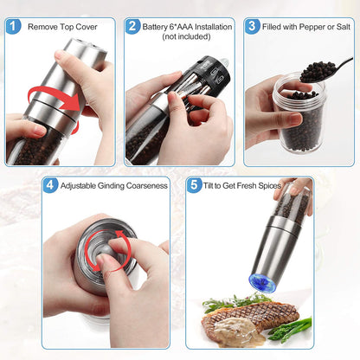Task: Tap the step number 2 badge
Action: coord(132,26)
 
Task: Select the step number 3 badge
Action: coord(252,26)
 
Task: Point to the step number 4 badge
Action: coord(51,184)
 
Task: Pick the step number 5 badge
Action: coord(193,184)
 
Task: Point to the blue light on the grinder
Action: coord(264,283)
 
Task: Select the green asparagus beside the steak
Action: coord(294,329)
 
